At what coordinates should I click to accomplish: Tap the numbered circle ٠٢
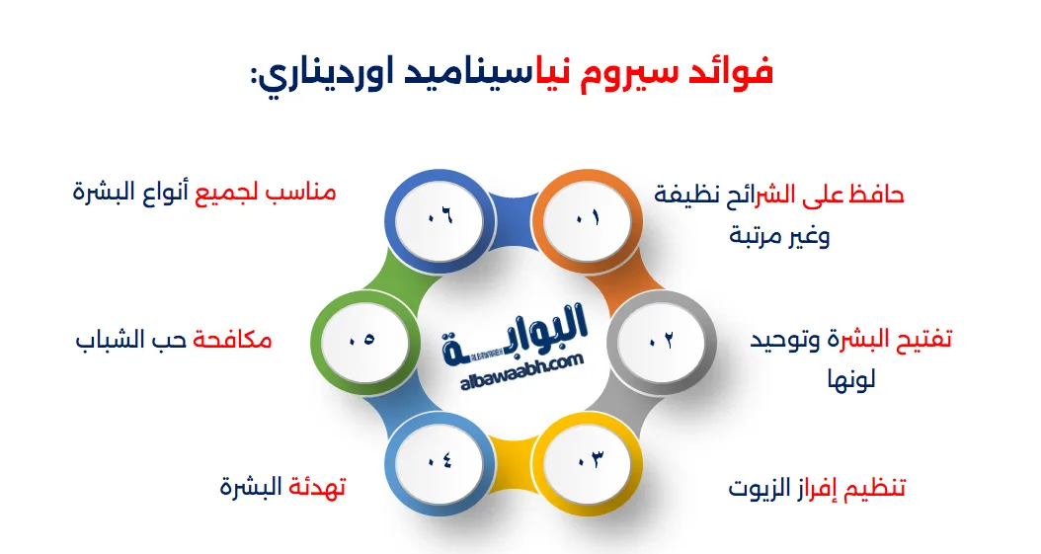point(661,341)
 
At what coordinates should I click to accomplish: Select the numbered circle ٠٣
point(590,461)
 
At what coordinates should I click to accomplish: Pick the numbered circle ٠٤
point(440,461)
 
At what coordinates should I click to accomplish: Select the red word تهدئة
point(315,487)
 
